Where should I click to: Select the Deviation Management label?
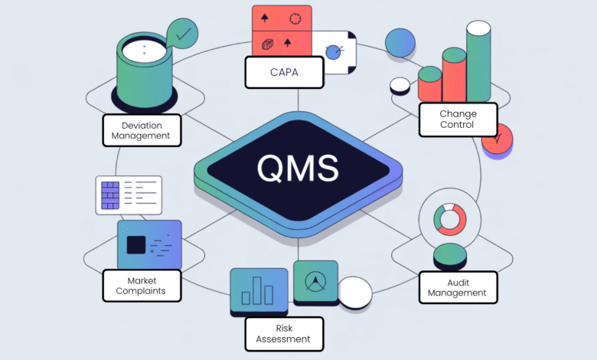pyautogui.click(x=141, y=131)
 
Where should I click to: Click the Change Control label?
pyautogui.click(x=458, y=119)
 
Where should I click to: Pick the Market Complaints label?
pyautogui.click(x=142, y=285)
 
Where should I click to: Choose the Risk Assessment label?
pyautogui.click(x=284, y=333)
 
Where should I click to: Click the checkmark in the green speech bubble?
pyautogui.click(x=183, y=34)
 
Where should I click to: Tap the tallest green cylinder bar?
pyautogui.click(x=478, y=65)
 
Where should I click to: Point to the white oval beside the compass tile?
pyautogui.click(x=354, y=292)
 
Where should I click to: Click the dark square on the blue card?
pyautogui.click(x=136, y=245)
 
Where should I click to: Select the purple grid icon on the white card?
pyautogui.click(x=110, y=195)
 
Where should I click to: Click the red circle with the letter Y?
pyautogui.click(x=498, y=139)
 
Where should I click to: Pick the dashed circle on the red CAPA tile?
pyautogui.click(x=295, y=18)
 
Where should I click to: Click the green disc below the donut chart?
pyautogui.click(x=449, y=255)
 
